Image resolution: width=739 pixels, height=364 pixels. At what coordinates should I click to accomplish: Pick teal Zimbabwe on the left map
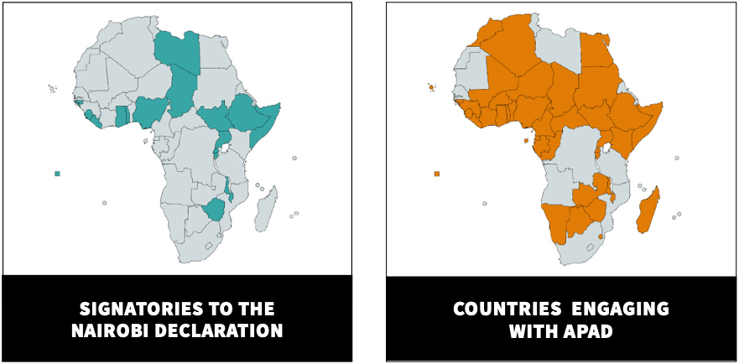215,209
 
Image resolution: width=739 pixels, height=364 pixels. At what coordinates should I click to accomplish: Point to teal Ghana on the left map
122,116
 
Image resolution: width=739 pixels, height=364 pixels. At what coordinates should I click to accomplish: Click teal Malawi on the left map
228,188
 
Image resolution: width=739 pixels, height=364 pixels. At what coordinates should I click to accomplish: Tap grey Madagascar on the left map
266,209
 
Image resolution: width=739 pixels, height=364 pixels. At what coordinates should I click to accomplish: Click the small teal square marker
57,174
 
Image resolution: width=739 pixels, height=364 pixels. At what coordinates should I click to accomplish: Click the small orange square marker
437,174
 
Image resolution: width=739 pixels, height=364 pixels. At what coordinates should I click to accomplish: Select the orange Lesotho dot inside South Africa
601,238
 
